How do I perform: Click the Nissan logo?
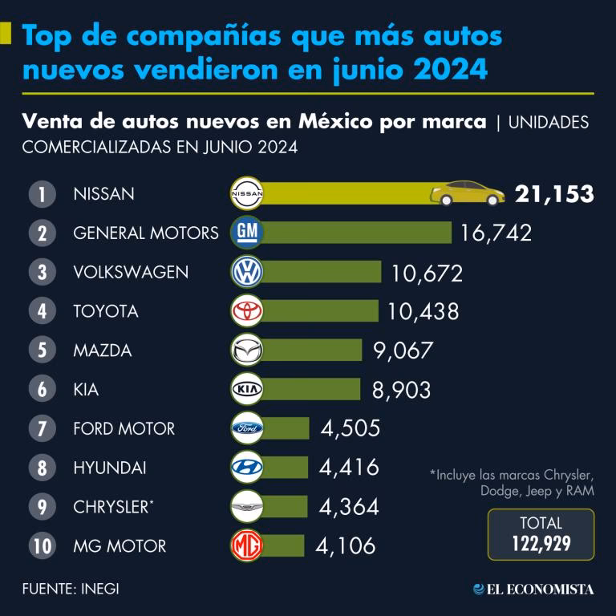[247, 194]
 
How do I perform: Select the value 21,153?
[554, 194]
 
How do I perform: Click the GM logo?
[247, 233]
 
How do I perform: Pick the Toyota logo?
[247, 311]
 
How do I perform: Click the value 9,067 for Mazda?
[403, 351]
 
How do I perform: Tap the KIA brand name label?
[86, 390]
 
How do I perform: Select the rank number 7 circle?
[41, 428]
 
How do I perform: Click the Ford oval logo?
[247, 428]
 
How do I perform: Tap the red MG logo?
[247, 546]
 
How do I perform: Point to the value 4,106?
[346, 546]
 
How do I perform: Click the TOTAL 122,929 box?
[541, 534]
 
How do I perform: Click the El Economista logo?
[533, 589]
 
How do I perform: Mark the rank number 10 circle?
[41, 546]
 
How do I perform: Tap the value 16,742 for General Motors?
[496, 233]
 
